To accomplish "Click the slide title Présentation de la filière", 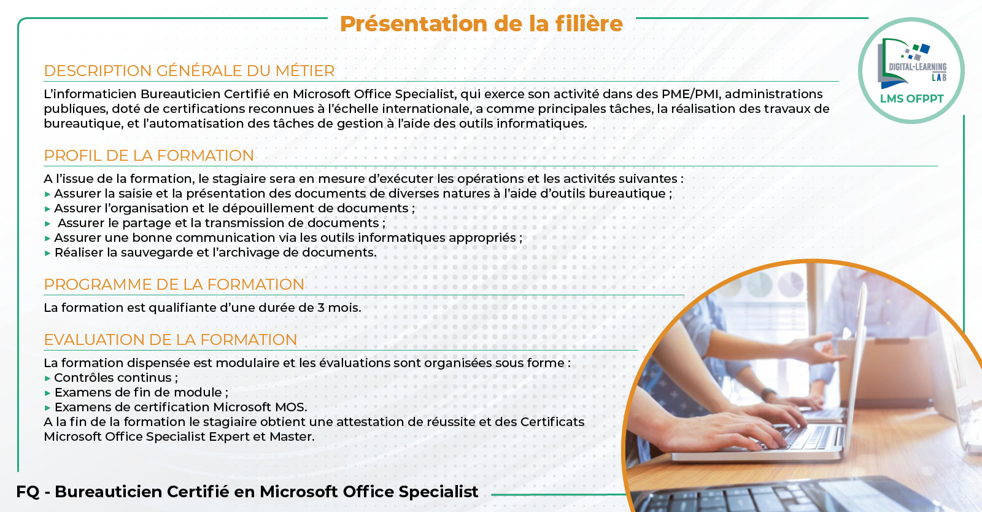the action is pos(481,24).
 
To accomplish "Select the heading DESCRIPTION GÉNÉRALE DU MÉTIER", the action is pos(190,71).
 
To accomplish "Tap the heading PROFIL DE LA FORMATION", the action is pos(149,155).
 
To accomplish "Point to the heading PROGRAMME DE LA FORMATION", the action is pos(174,284).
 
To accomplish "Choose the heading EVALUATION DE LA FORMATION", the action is pos(171,339).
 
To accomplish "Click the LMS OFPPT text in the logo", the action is pos(912,99).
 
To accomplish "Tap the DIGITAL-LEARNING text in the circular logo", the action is pos(918,67).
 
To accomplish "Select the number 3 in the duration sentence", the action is pos(321,308).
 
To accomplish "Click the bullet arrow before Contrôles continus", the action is pos(48,378).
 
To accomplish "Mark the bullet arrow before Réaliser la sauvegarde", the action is pos(48,253).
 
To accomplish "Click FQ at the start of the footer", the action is pos(28,492).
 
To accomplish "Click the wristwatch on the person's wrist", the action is pos(768,394).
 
